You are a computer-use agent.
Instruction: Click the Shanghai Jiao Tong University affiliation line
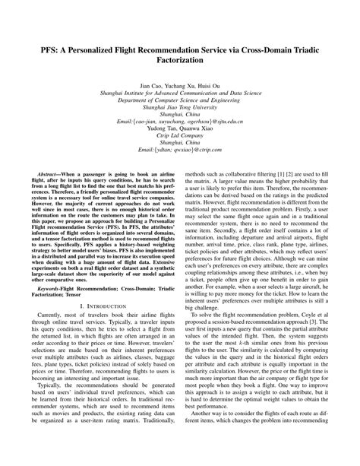click(179, 128)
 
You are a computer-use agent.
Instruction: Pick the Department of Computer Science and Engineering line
click(179, 121)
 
